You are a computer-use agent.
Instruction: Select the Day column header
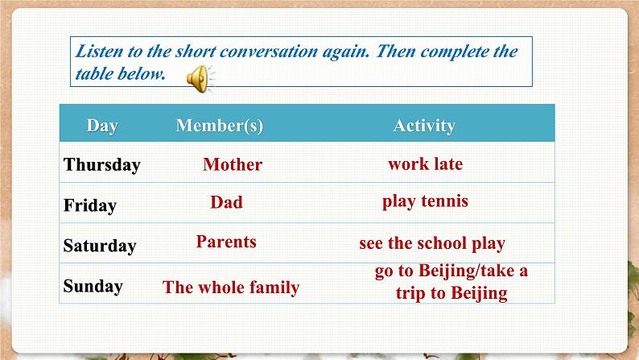(102, 126)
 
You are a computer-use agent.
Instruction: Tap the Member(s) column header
(219, 126)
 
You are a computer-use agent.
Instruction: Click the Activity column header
(424, 126)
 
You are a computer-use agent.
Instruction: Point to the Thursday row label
(102, 165)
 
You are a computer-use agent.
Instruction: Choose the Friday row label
(90, 205)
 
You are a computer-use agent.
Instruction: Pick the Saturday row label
(100, 246)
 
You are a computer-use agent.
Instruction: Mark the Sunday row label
(93, 286)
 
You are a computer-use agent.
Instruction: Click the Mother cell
(233, 164)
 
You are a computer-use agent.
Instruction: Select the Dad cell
(226, 202)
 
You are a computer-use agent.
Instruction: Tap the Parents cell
(226, 242)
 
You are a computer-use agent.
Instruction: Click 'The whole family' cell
(231, 288)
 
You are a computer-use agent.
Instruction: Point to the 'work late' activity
(425, 163)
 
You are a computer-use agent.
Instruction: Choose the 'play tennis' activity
(425, 201)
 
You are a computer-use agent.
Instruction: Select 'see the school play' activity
(432, 243)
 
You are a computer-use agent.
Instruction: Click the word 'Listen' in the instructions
(99, 52)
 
